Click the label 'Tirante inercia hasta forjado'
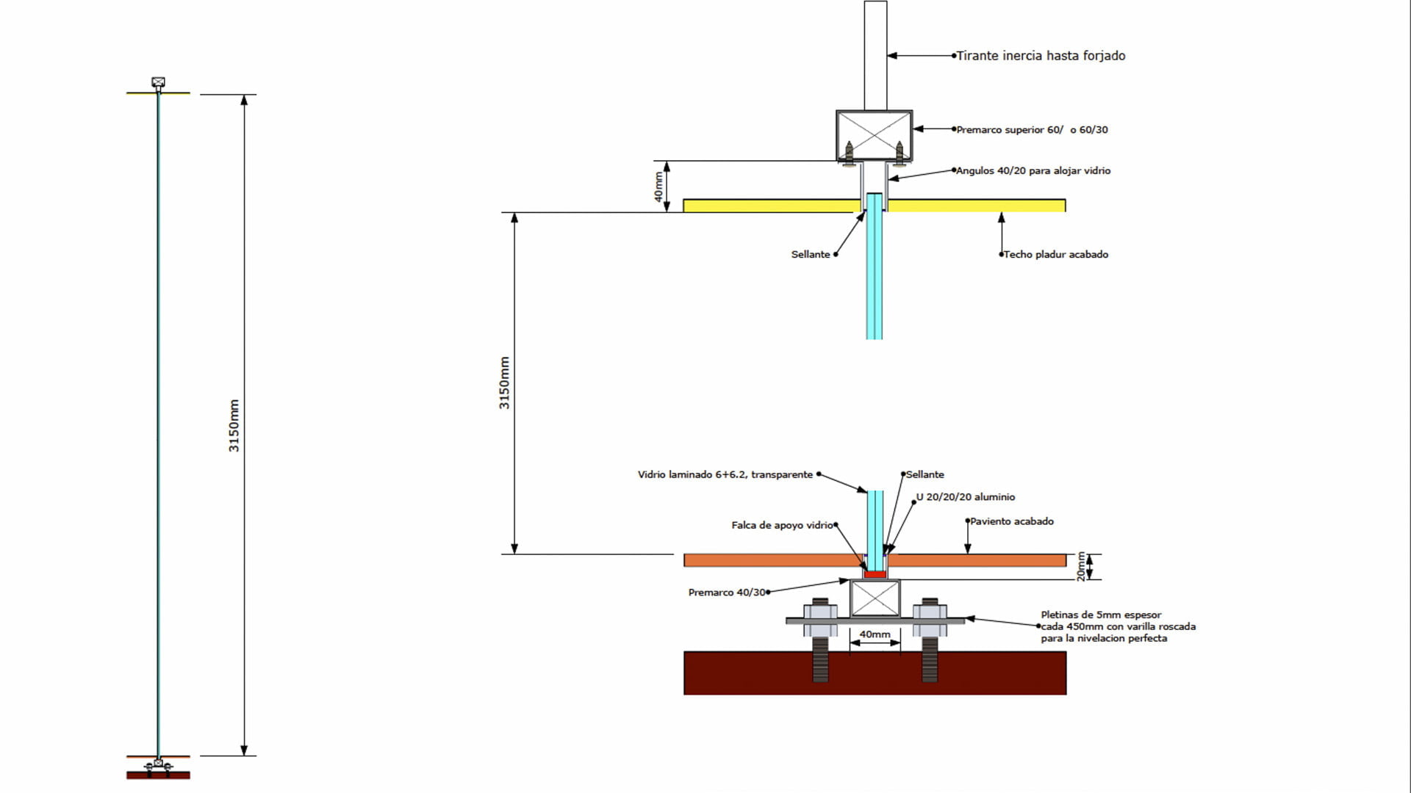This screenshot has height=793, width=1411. [1041, 56]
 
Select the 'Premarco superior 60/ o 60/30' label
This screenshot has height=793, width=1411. [1032, 130]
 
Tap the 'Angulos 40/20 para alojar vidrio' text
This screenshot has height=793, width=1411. [1033, 171]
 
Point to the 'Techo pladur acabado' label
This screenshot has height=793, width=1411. [1055, 255]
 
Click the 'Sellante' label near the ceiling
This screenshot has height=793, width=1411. [810, 255]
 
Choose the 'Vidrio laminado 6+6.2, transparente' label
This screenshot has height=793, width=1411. [725, 475]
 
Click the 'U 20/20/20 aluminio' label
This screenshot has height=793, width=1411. [965, 497]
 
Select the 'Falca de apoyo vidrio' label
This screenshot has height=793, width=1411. [781, 526]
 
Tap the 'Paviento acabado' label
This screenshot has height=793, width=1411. [1011, 521]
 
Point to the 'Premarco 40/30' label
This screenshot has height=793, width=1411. [727, 593]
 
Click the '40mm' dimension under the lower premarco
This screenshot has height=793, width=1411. [875, 634]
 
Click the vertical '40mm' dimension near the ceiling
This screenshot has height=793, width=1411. [659, 187]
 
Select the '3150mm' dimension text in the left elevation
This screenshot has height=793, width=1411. [234, 426]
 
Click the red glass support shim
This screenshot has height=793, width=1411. [875, 574]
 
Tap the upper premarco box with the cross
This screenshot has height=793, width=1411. [874, 135]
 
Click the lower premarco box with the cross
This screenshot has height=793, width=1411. [875, 598]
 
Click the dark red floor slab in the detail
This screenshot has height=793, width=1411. [875, 673]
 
